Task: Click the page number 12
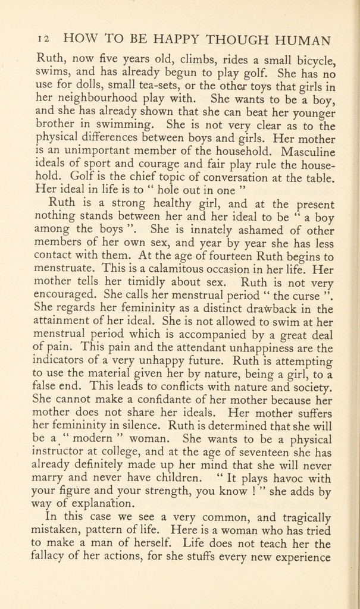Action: coord(42,40)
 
